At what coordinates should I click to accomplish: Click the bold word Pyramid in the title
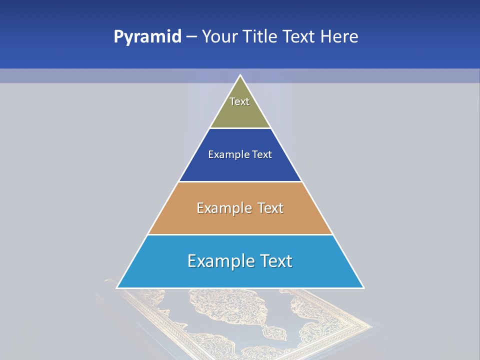point(147,36)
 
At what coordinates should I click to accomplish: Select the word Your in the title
point(218,36)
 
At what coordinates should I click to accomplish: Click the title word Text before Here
point(299,36)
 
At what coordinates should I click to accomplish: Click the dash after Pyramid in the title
point(191,37)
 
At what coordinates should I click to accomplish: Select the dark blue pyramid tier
point(240,167)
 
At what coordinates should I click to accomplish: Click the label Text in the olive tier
point(239,101)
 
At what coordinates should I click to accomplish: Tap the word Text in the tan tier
point(270,208)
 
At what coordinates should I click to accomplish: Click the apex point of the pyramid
point(240,75)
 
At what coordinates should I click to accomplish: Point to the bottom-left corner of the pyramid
point(117,287)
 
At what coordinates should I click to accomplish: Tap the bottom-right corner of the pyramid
point(363,287)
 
